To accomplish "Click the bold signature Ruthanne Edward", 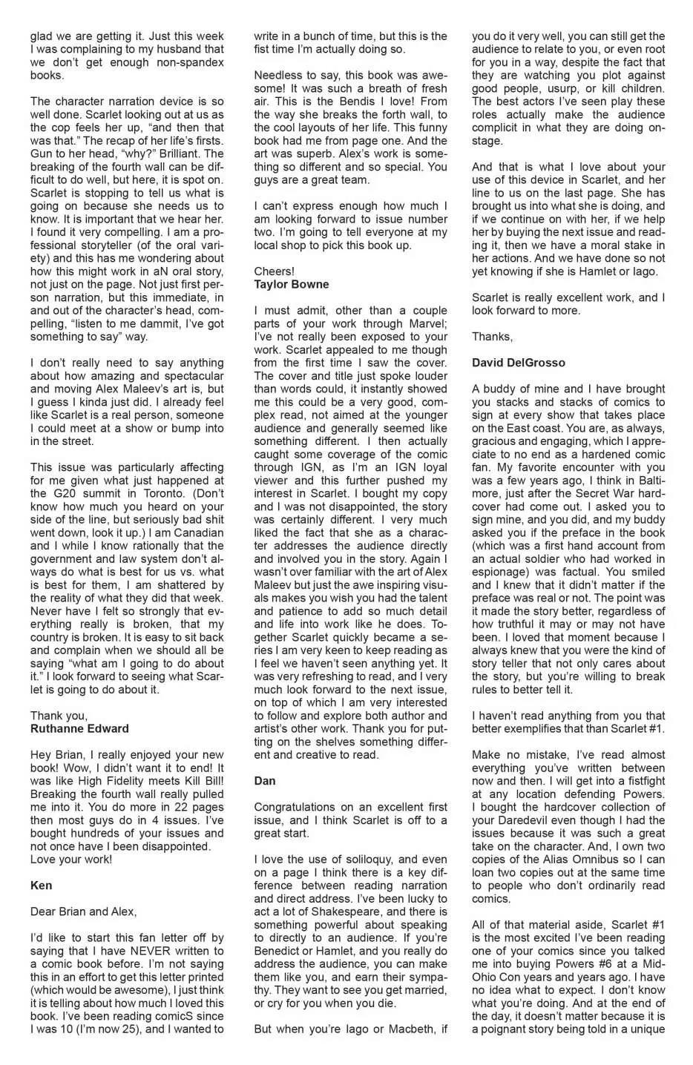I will (x=79, y=728).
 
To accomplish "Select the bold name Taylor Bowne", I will (x=291, y=284).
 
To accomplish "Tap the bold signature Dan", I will (x=265, y=780).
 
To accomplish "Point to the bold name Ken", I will (x=41, y=885).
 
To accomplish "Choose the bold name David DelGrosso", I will (x=518, y=363).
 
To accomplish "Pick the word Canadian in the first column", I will (x=198, y=532).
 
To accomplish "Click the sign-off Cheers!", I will (x=274, y=271).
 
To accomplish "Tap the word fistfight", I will (x=641, y=781).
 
